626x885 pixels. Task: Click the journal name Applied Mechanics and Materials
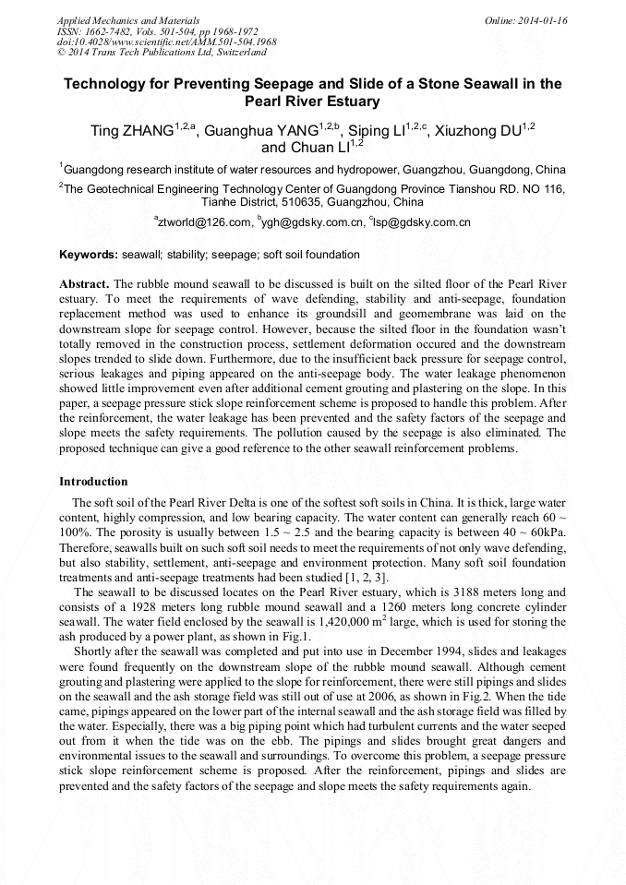point(128,20)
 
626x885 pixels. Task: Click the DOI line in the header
point(166,42)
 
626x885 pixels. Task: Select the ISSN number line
point(157,31)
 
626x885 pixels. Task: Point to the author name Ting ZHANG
point(130,132)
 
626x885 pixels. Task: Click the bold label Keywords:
point(89,255)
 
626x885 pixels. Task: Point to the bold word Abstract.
point(84,283)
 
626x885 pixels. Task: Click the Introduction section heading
point(93,482)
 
